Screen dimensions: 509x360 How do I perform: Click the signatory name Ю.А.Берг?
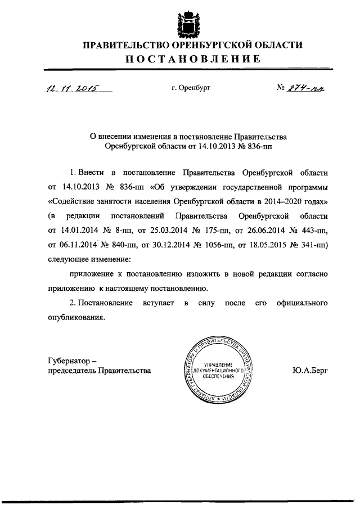(x=308, y=370)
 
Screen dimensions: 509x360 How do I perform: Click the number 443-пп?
(x=313, y=231)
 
